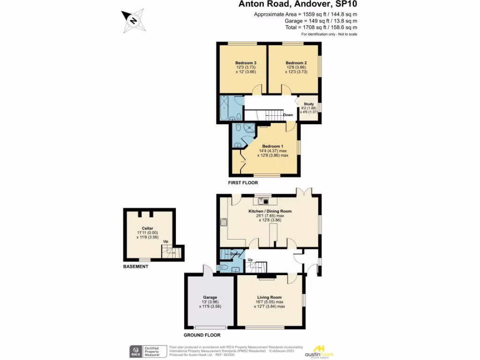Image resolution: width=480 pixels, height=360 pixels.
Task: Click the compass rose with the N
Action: click(x=133, y=21)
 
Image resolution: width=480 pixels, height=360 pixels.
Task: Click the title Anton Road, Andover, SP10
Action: click(x=300, y=5)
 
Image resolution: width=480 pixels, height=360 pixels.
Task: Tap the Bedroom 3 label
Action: click(x=245, y=63)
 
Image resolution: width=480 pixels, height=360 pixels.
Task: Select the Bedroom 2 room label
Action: click(x=296, y=63)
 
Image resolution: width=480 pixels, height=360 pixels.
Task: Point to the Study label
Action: click(x=308, y=104)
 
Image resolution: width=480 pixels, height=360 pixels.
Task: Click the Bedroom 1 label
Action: click(x=272, y=146)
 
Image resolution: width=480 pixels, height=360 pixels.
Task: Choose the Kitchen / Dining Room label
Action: click(x=270, y=211)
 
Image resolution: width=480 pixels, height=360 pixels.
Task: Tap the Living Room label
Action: click(x=269, y=297)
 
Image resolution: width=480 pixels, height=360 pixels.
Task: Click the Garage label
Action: click(x=210, y=297)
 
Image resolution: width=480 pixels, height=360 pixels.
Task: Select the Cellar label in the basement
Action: click(x=148, y=228)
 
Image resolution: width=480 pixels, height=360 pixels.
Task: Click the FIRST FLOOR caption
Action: click(x=243, y=182)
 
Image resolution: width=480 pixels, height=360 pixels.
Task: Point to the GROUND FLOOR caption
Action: click(x=202, y=335)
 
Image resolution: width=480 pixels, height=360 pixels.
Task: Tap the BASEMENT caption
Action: click(x=135, y=267)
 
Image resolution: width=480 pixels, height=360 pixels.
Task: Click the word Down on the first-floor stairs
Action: click(x=288, y=115)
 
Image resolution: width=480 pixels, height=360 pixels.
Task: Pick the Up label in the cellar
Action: click(x=165, y=242)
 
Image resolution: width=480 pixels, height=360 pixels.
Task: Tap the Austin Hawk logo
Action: click(x=319, y=351)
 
